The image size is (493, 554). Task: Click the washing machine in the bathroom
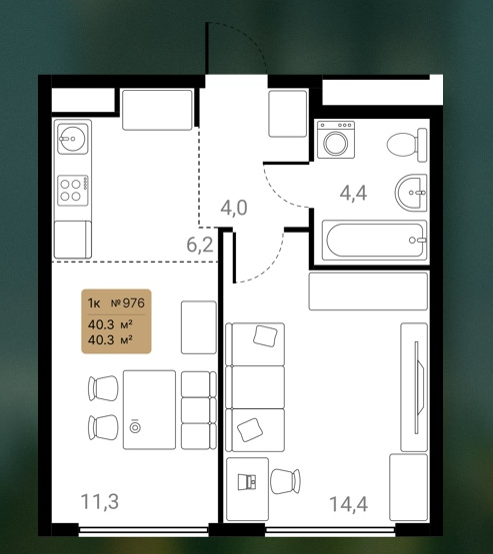[336, 139]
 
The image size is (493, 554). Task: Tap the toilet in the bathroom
[407, 145]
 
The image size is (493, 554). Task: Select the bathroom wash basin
[411, 193]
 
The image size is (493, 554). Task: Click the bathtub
[374, 241]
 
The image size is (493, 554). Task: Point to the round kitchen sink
[73, 139]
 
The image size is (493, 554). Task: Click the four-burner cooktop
[73, 190]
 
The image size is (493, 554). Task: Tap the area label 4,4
[353, 194]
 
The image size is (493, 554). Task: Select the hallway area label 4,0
[234, 208]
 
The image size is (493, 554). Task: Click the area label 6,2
[200, 245]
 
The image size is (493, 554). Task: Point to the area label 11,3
[100, 502]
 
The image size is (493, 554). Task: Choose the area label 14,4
[349, 504]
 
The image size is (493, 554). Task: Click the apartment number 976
[133, 303]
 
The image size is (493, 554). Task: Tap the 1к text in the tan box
[94, 303]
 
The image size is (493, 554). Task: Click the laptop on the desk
[247, 482]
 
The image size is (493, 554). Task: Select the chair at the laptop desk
[285, 481]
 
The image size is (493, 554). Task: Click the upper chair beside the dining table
[103, 388]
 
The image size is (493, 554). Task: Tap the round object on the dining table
[135, 427]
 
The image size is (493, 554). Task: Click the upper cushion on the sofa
[265, 335]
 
